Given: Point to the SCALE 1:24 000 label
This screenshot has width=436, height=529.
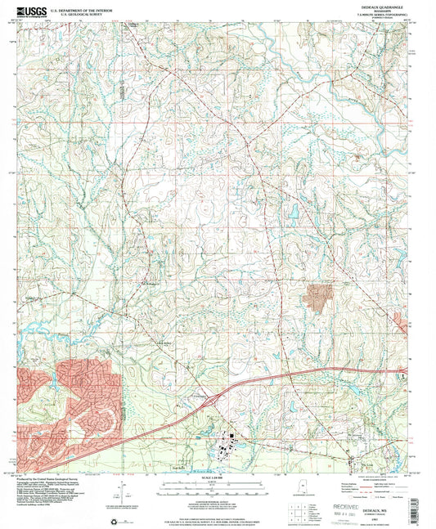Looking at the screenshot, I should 218,475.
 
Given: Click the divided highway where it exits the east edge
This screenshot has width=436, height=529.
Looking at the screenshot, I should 404,371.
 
